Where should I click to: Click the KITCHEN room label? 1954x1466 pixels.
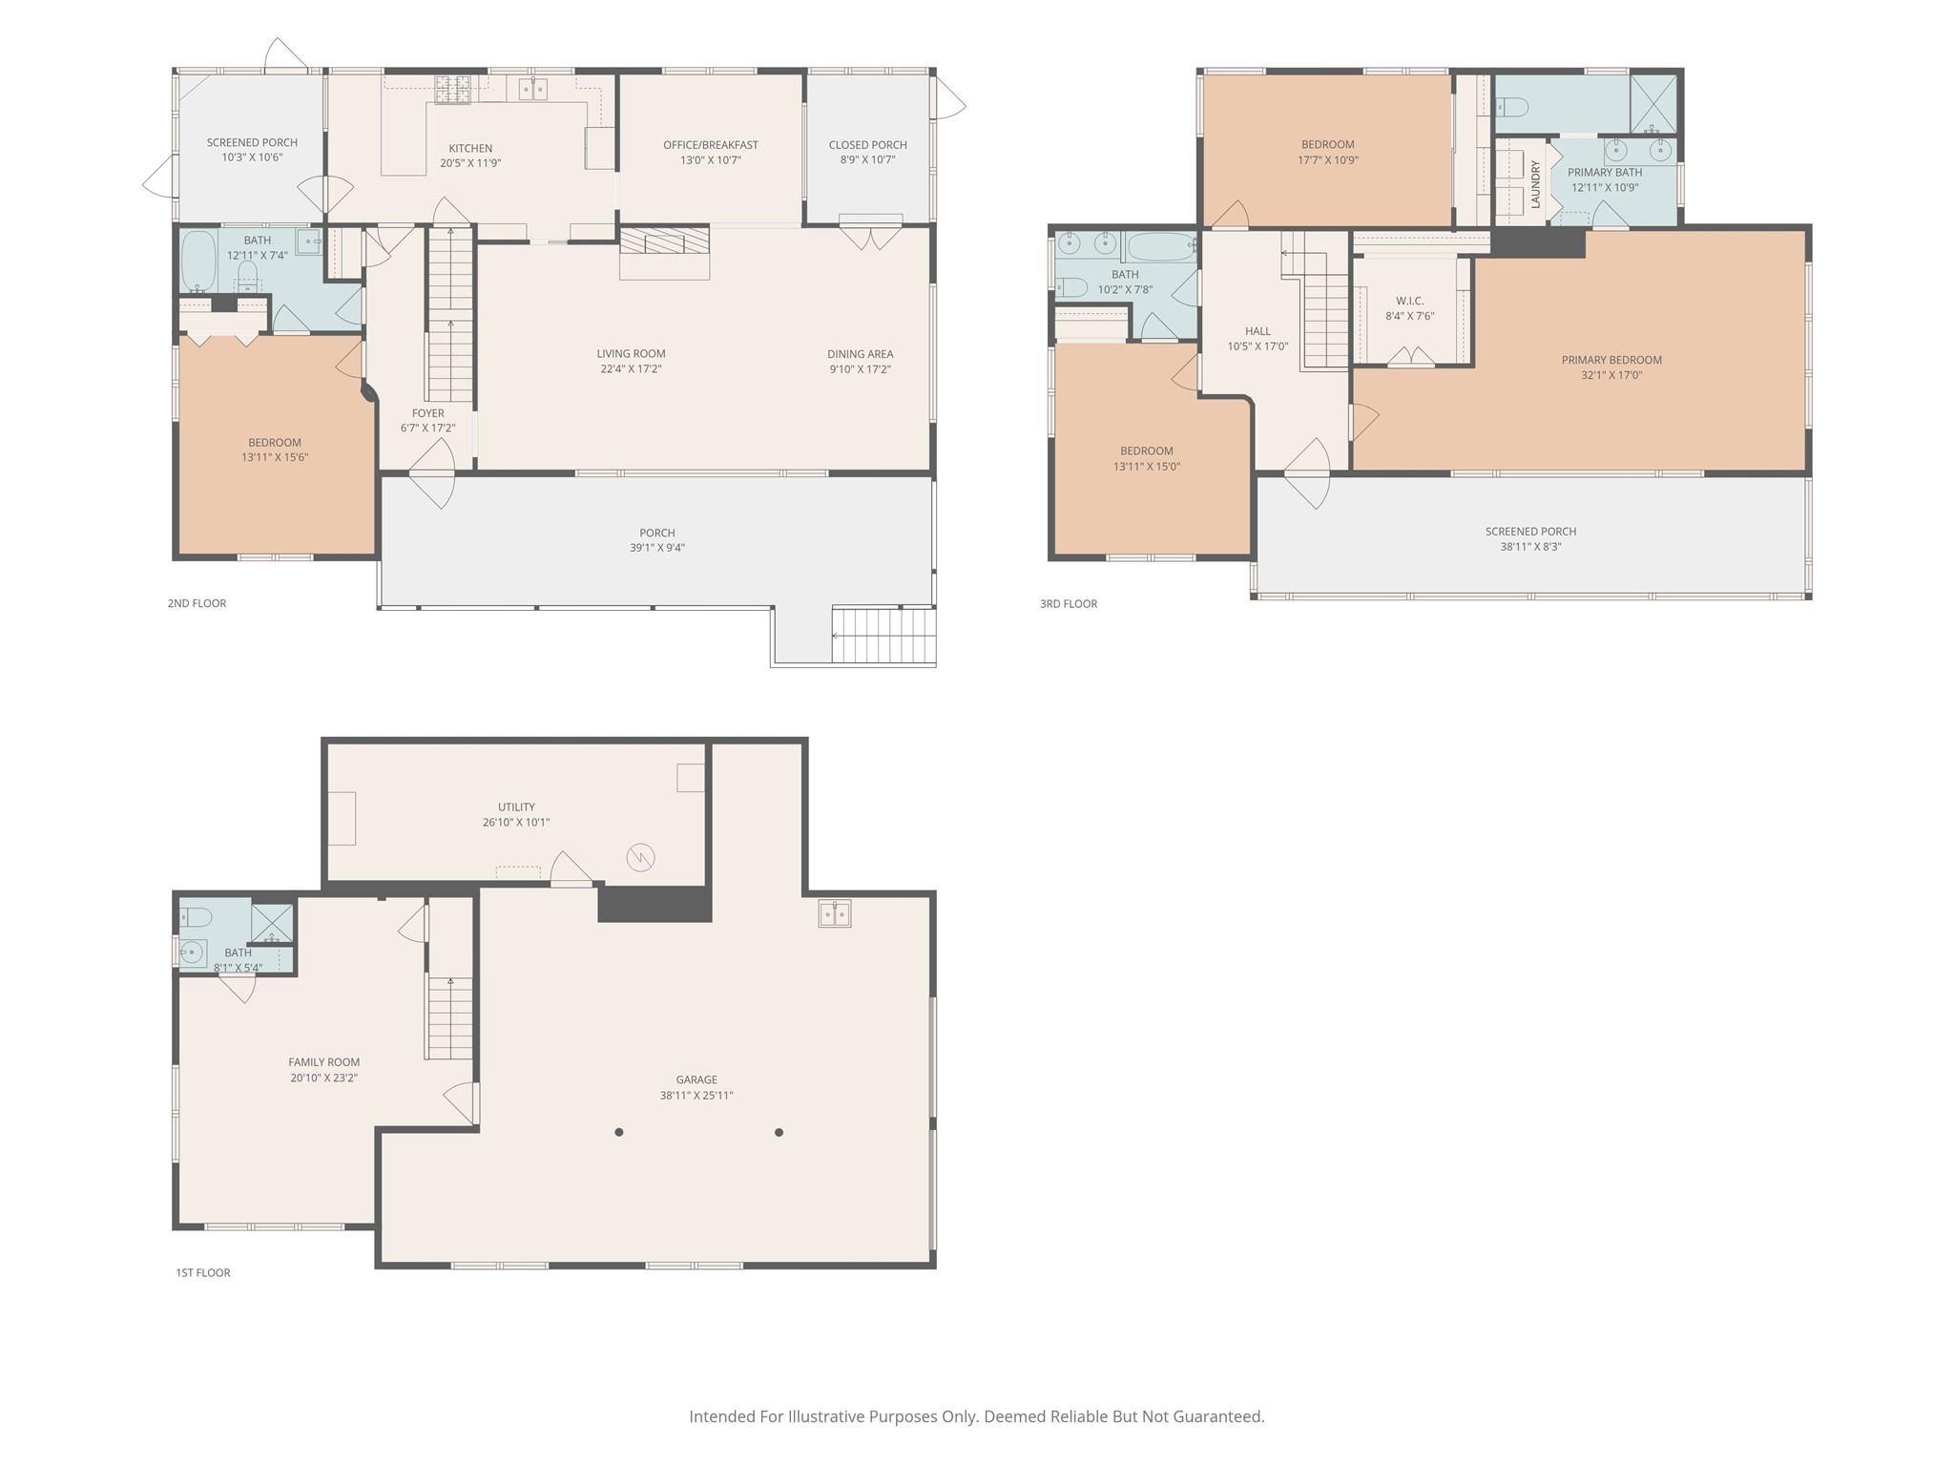[470, 148]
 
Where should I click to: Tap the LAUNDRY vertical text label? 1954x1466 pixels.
[1535, 184]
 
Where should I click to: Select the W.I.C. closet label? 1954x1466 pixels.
[1409, 301]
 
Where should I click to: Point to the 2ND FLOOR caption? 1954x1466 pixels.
[197, 603]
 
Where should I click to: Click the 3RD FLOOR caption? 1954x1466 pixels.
[1069, 603]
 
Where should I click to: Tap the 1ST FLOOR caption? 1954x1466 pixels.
[202, 1272]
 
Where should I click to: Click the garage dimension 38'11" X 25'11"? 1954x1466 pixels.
[696, 1096]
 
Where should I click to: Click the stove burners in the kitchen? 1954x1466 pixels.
[453, 90]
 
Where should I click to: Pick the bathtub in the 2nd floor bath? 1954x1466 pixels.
[198, 260]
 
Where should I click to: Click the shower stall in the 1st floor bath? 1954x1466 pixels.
[271, 922]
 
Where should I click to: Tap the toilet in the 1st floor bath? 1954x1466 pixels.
[196, 917]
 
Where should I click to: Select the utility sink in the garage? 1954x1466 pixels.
[835, 913]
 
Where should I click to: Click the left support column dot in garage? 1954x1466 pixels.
[619, 1132]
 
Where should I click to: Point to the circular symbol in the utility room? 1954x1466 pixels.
[640, 857]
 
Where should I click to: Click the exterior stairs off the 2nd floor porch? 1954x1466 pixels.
[883, 635]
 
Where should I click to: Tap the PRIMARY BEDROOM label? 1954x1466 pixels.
[1611, 360]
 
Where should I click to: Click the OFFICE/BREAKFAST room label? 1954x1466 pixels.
[711, 145]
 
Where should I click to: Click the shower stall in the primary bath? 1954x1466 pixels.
[1653, 102]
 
